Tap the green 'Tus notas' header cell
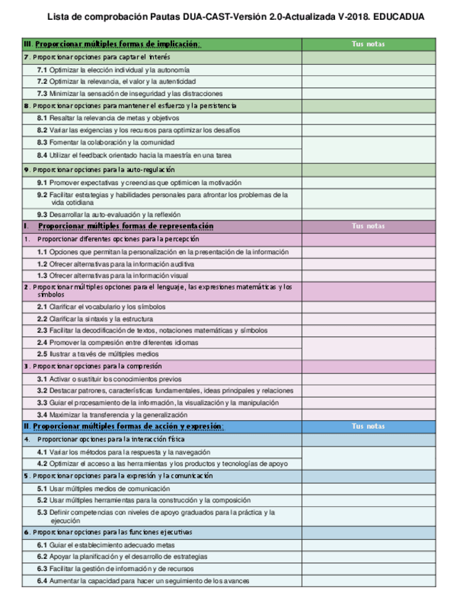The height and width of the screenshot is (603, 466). [368, 44]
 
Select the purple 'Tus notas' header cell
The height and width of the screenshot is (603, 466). [368, 226]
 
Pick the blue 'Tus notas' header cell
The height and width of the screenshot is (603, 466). [368, 426]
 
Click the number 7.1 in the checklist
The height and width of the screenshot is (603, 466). [42, 70]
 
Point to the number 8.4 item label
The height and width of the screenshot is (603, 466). [42, 154]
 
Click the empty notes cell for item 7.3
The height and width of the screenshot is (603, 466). [368, 93]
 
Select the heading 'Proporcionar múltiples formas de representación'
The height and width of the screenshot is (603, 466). [125, 226]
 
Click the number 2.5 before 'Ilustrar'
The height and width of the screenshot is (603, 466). [42, 353]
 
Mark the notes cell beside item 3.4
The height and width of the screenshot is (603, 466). [368, 415]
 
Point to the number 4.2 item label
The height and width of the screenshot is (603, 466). [42, 464]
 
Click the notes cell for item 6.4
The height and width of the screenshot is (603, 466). [368, 581]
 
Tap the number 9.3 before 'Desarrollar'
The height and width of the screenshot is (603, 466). [42, 214]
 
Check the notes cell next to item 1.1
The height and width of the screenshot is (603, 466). [368, 252]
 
